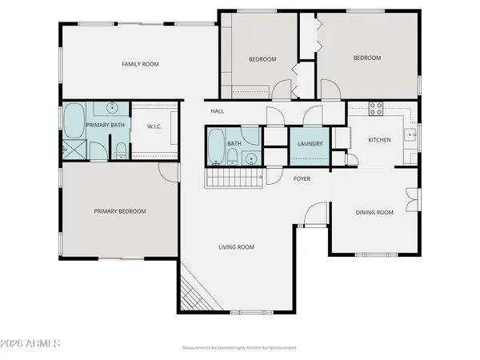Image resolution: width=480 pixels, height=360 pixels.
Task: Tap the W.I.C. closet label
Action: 155,126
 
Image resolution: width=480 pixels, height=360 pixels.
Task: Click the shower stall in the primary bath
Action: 75,149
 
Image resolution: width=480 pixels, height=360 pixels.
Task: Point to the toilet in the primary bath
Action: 119,149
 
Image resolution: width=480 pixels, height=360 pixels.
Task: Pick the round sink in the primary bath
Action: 112,107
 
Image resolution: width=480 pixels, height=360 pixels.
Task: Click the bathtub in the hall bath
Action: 216,146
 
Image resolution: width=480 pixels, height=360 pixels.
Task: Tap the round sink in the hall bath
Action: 250,158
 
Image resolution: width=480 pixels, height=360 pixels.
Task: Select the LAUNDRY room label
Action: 309,144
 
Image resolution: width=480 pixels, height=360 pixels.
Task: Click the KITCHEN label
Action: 379,140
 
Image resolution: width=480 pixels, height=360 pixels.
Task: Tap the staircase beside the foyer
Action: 234,178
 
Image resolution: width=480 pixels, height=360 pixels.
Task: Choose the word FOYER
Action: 301,178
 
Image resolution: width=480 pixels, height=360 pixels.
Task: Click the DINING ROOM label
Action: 374,212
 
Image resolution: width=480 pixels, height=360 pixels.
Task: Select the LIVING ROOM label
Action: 236,247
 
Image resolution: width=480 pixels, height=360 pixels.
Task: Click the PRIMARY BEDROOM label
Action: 120,211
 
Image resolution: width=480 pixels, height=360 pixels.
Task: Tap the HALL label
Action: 217,111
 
